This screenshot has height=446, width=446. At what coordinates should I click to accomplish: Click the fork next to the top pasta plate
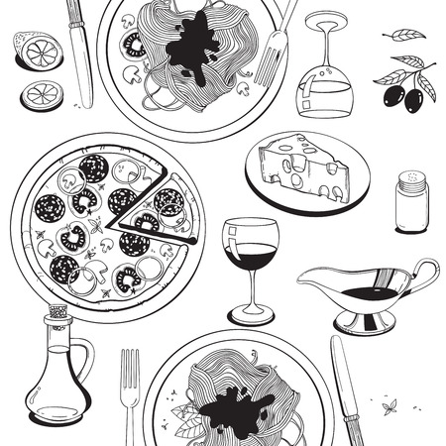tap(272, 45)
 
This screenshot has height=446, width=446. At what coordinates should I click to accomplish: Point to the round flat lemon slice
tap(44, 95)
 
